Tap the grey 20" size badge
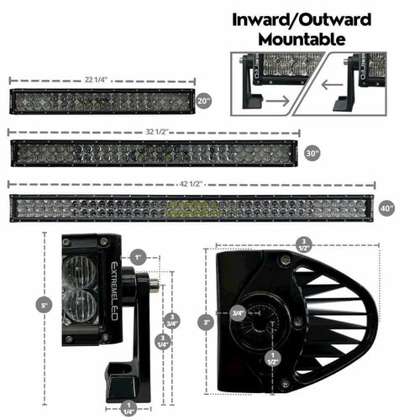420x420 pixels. pos(202,100)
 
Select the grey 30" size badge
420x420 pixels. pos(312,154)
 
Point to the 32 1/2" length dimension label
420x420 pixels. pos(151,132)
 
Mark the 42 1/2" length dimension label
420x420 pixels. pos(190,183)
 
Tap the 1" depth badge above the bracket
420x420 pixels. pos(138,256)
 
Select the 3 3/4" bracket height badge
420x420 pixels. pos(172,318)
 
